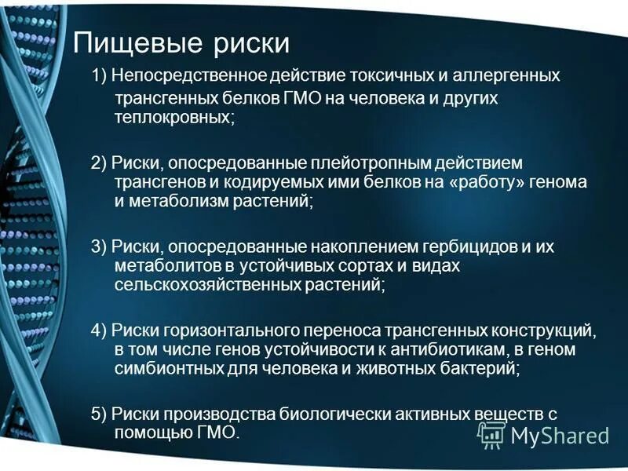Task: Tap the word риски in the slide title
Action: [249, 43]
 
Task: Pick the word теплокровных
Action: [173, 117]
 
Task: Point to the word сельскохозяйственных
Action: [206, 286]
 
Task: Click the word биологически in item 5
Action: [308, 413]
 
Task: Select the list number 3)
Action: [99, 246]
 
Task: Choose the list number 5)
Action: [99, 413]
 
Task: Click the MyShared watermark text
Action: [560, 435]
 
